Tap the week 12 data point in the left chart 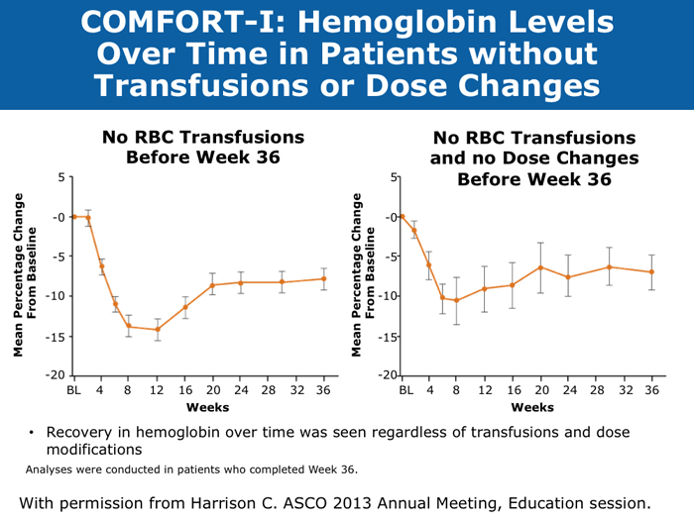157,329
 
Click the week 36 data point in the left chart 323,278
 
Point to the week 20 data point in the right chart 540,267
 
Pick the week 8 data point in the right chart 456,300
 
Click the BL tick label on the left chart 73,390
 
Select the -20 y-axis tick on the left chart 57,375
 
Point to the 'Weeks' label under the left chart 199,407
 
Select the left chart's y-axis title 24,274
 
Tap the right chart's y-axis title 364,274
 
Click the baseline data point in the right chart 402,216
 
